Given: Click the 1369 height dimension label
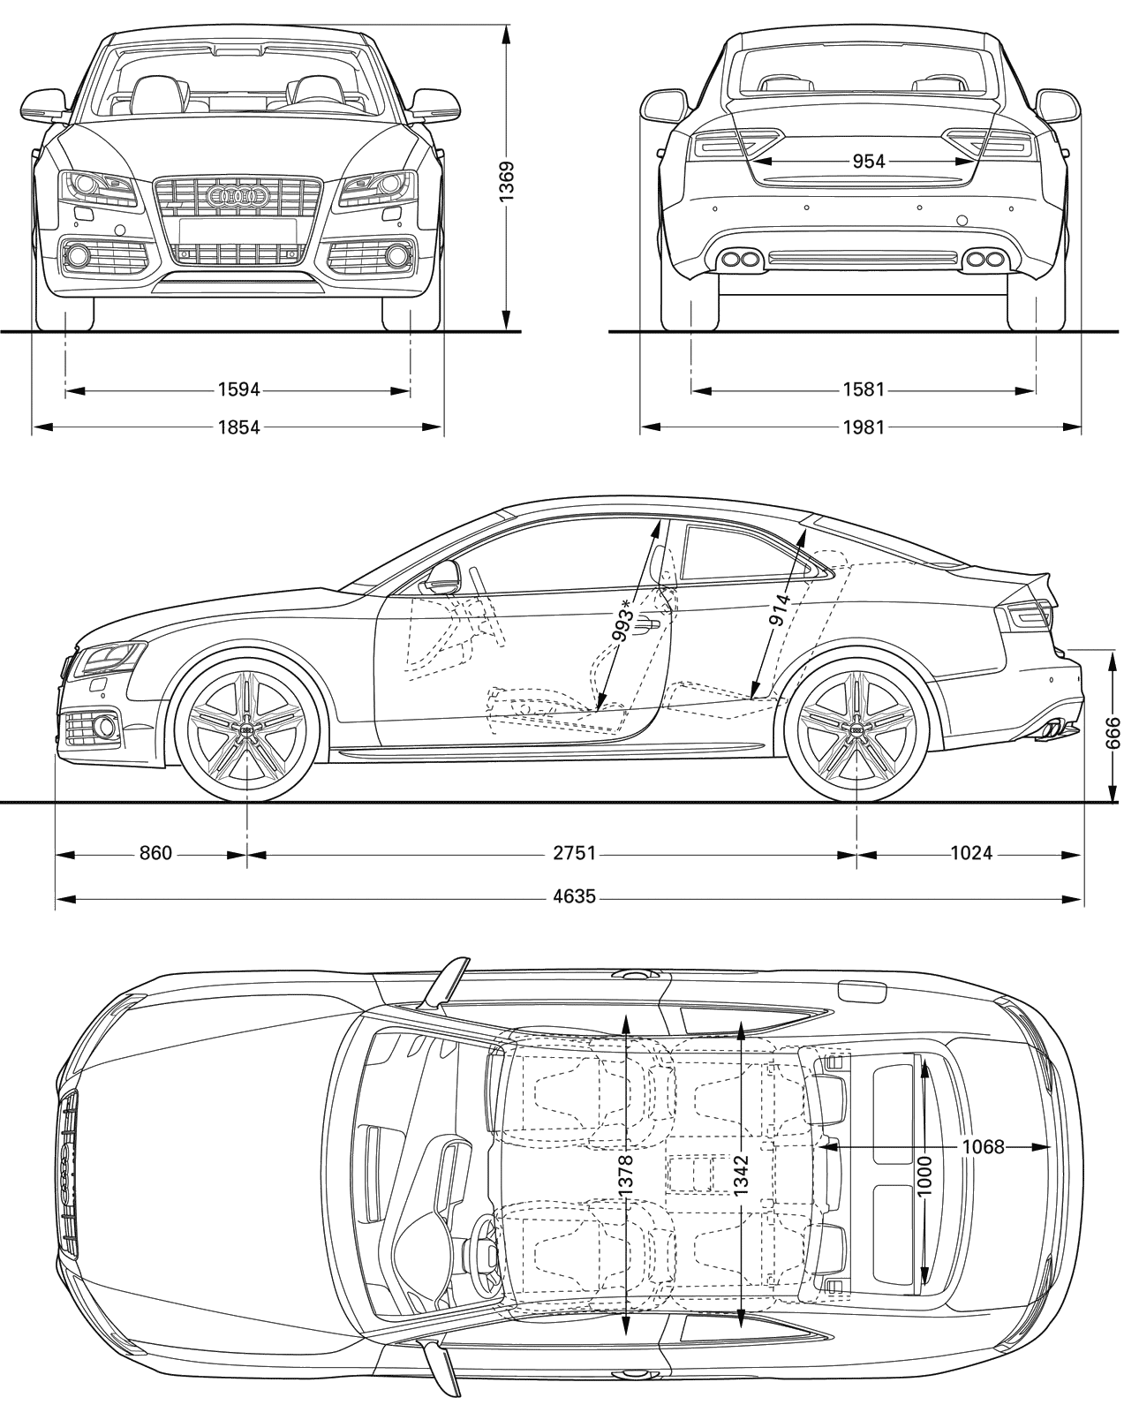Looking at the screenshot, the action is pyautogui.click(x=506, y=181).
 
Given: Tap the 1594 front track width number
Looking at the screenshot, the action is pyautogui.click(x=239, y=389).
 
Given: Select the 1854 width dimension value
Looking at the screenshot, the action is pyautogui.click(x=239, y=427).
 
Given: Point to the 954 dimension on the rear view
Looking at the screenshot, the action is pyautogui.click(x=868, y=161).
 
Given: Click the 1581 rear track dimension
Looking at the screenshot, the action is pyautogui.click(x=864, y=389).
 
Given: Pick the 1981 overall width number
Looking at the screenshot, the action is pyautogui.click(x=864, y=427).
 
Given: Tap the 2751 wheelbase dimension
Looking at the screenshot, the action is pyautogui.click(x=574, y=853).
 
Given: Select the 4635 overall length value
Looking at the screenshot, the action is pyautogui.click(x=574, y=896).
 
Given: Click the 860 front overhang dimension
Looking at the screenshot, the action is pyautogui.click(x=155, y=853).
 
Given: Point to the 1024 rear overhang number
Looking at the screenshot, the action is pyautogui.click(x=971, y=853).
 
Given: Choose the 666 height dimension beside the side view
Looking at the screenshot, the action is pyautogui.click(x=1113, y=732).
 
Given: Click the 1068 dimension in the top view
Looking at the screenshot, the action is pyautogui.click(x=983, y=1147).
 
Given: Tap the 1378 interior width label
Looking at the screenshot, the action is pyautogui.click(x=626, y=1175).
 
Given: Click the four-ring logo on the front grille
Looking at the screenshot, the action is pyautogui.click(x=238, y=194).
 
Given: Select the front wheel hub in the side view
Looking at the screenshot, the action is pyautogui.click(x=247, y=729).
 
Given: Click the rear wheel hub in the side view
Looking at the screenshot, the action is pyautogui.click(x=856, y=729).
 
